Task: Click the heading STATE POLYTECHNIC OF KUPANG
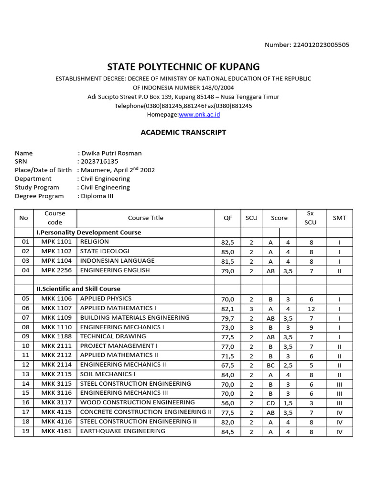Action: pyautogui.click(x=183, y=67)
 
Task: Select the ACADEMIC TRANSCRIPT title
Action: pyautogui.click(x=183, y=133)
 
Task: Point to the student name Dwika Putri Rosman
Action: pyautogui.click(x=111, y=153)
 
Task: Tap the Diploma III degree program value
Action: pyautogui.click(x=97, y=196)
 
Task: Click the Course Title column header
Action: pyautogui.click(x=145, y=218)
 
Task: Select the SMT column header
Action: pyautogui.click(x=339, y=218)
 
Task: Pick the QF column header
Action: pyautogui.click(x=227, y=218)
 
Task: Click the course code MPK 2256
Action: pyautogui.click(x=56, y=270)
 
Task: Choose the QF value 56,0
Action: pyautogui.click(x=227, y=403)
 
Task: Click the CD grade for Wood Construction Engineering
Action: pyautogui.click(x=270, y=403)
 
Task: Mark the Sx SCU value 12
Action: pyautogui.click(x=311, y=309)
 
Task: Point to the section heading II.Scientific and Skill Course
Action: pyautogui.click(x=78, y=289)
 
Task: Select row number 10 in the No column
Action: pyautogui.click(x=25, y=346)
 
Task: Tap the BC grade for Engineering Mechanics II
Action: pyautogui.click(x=270, y=365)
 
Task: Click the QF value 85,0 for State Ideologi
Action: pyautogui.click(x=227, y=252)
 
